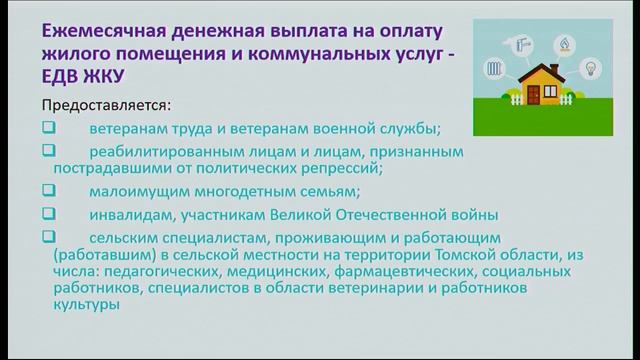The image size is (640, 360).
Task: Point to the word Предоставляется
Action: tap(105, 105)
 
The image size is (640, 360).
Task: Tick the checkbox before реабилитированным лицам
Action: tap(49, 151)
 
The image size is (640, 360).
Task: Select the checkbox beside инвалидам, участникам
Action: tap(49, 214)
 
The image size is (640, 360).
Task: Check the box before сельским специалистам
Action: tap(49, 237)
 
